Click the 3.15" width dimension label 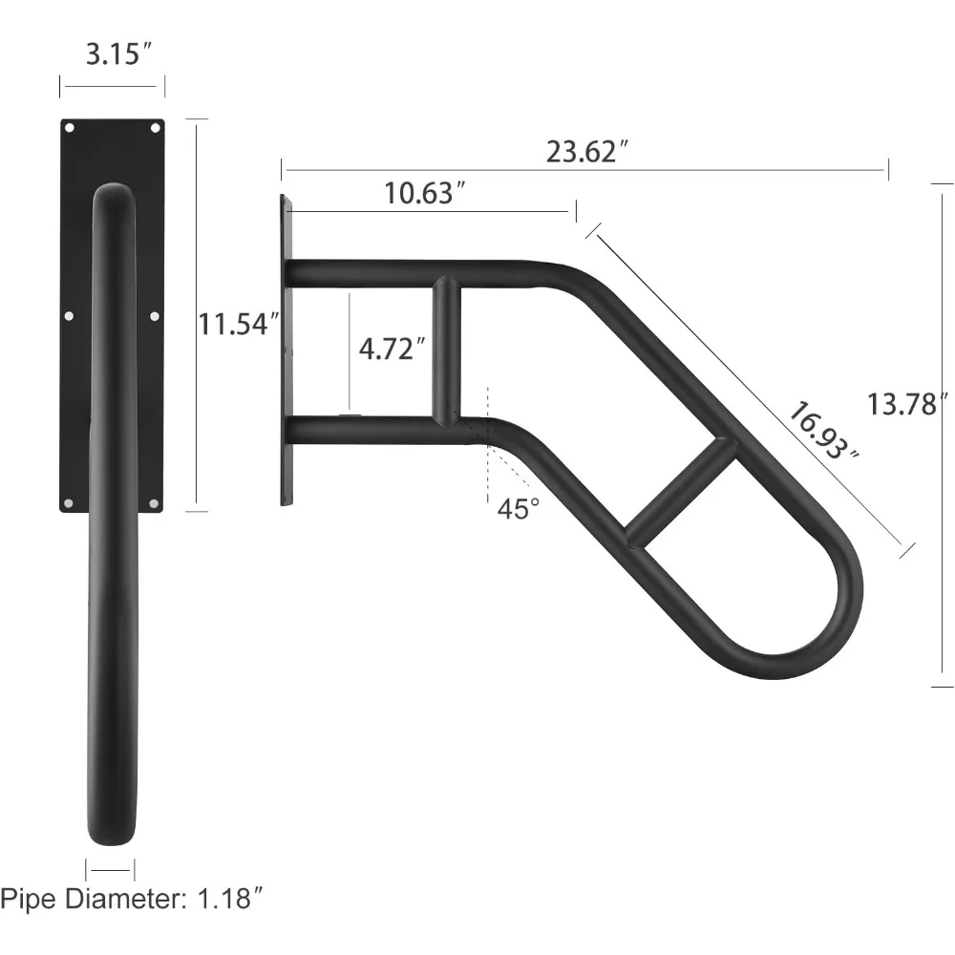(117, 54)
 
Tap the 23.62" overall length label (586, 152)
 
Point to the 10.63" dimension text (425, 193)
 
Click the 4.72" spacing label (392, 349)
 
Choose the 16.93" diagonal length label (823, 433)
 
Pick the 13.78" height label (907, 404)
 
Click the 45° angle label (519, 509)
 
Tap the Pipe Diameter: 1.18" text (132, 899)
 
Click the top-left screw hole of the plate (70, 128)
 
